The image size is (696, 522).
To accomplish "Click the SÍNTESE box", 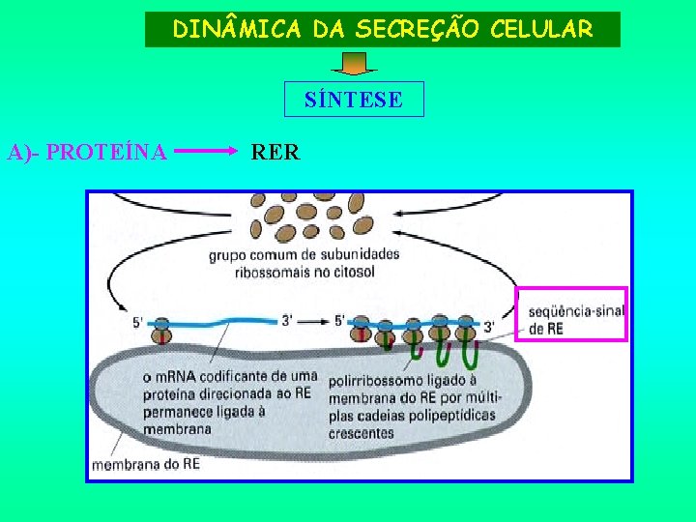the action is [354, 100].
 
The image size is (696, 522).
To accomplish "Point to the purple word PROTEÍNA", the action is [107, 152].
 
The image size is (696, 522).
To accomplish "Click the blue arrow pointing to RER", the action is [207, 152].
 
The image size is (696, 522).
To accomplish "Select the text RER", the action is [275, 152].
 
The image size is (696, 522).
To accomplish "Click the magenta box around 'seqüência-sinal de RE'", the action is [571, 314].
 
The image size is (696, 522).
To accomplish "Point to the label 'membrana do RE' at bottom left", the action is [146, 464].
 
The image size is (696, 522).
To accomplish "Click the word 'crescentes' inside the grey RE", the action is [362, 433].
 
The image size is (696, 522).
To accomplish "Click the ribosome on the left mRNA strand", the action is [161, 330].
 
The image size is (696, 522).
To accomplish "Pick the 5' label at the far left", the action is [137, 322].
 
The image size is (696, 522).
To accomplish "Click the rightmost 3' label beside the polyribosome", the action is [490, 328].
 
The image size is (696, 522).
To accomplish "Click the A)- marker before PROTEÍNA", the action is [25, 152].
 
